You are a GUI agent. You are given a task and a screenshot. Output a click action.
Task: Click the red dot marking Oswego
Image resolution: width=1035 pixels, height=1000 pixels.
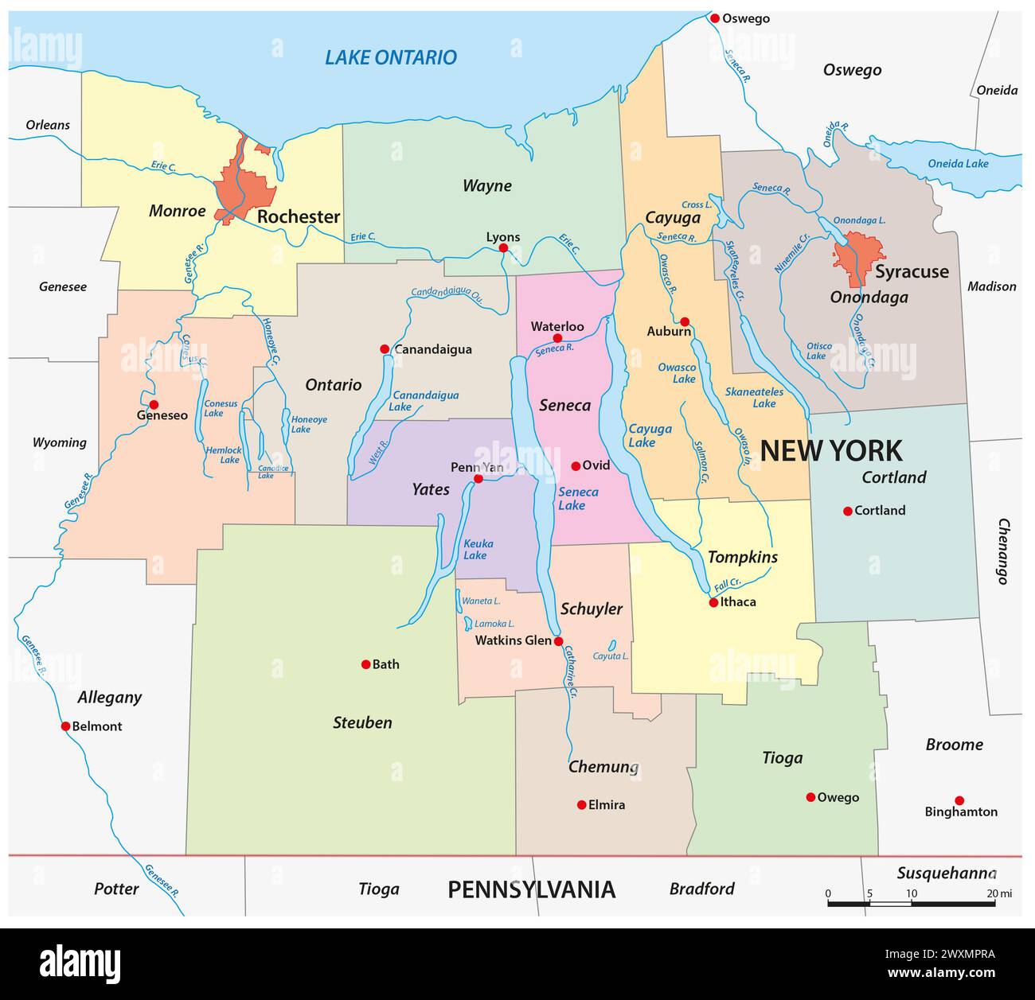[x=715, y=18]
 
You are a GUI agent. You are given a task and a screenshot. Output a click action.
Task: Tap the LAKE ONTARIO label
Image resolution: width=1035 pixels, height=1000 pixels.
[x=390, y=57]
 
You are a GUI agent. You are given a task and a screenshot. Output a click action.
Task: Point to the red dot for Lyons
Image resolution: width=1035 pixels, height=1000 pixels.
[x=503, y=248]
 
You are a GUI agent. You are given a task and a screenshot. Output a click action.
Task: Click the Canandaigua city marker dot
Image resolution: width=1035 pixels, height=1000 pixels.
[x=385, y=349]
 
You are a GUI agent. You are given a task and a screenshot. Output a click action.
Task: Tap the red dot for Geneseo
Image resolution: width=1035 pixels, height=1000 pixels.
[x=154, y=404]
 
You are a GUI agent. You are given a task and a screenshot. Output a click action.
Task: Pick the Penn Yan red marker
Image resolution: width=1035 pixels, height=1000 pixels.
[x=478, y=479]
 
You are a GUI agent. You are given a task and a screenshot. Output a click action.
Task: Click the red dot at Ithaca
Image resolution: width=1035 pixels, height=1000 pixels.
[x=713, y=602]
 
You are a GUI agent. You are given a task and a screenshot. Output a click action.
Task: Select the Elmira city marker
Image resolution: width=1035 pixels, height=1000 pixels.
[x=581, y=805]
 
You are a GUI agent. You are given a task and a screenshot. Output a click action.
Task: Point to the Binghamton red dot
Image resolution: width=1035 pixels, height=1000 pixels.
[x=959, y=800]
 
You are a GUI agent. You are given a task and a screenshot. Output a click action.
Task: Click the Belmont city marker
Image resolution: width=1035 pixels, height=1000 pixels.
[x=65, y=726]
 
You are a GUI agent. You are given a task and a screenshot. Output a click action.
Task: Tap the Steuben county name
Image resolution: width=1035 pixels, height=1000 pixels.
[x=362, y=722]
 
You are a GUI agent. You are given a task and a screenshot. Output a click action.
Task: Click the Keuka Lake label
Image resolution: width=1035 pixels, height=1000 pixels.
[x=478, y=550]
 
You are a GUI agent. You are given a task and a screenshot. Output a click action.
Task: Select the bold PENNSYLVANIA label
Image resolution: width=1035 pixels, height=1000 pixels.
[x=531, y=889]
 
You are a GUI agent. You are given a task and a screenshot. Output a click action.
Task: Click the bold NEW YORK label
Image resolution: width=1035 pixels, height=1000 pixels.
[x=830, y=451]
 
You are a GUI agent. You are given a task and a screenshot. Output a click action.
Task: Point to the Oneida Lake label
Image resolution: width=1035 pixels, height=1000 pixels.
[x=958, y=164]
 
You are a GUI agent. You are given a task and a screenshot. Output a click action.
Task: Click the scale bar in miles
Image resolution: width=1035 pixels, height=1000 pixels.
[x=911, y=904]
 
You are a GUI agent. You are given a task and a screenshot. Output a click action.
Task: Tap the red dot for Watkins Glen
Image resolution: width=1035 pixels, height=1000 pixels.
[x=558, y=641]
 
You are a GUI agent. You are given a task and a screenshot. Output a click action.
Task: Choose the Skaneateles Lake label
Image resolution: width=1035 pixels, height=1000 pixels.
[x=754, y=398]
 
